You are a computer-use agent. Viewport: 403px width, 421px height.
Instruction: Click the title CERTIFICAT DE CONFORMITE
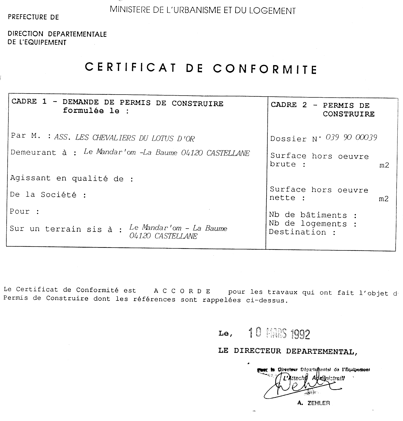point(201,68)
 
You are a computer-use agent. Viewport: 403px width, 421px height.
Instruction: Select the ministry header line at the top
point(203,10)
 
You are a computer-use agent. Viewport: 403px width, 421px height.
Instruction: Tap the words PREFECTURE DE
point(33,17)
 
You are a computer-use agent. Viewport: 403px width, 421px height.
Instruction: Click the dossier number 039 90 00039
point(351,138)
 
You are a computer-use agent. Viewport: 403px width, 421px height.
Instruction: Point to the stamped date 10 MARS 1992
point(279,333)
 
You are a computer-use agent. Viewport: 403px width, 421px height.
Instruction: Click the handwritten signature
point(303,386)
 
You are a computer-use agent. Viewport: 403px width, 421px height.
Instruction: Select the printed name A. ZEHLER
point(313,403)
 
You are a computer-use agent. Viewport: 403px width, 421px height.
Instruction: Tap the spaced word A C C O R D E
point(182,291)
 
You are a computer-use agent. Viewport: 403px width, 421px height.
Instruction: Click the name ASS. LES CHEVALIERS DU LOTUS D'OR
point(124,138)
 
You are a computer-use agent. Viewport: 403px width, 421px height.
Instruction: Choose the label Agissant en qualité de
point(71,178)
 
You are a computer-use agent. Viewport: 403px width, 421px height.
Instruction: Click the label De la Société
point(48,195)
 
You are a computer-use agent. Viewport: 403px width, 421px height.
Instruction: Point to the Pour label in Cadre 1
point(24,212)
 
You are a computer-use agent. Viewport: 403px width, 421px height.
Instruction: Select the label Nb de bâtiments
point(313,215)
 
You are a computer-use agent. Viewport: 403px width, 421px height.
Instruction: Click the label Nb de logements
point(313,224)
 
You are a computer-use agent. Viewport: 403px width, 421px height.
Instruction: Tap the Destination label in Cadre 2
point(302,232)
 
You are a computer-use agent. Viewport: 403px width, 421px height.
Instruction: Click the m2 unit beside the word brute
point(384,165)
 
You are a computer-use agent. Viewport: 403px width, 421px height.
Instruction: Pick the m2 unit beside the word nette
point(384,199)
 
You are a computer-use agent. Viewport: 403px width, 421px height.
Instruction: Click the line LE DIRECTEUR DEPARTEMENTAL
point(288,351)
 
